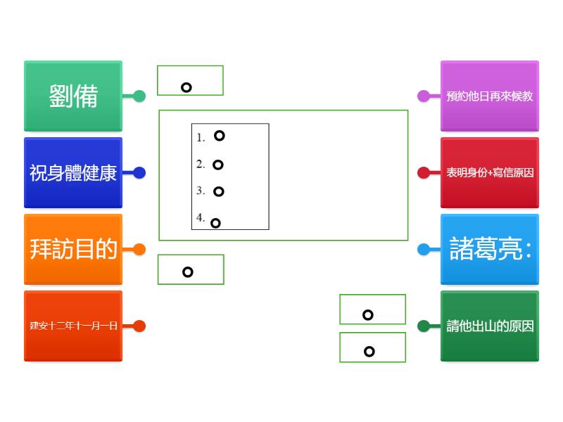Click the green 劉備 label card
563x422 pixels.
coord(73,96)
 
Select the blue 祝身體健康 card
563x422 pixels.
coord(73,173)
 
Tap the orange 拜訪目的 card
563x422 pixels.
coord(73,250)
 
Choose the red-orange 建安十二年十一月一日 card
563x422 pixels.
coord(73,326)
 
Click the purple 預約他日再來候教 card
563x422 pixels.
coord(490,96)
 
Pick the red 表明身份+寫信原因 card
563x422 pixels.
coord(490,173)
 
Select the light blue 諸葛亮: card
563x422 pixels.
coord(490,250)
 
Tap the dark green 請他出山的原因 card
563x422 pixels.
coord(490,326)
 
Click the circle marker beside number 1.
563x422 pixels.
coord(220,136)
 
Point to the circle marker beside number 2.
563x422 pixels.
coord(218,165)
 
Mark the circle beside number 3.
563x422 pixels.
coord(219,191)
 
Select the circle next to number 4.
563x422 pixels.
coord(216,224)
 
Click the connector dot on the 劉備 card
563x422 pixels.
coord(139,96)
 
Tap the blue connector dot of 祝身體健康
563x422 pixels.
coord(139,173)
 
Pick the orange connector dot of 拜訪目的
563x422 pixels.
coord(139,250)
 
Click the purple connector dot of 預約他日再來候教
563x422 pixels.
coord(424,96)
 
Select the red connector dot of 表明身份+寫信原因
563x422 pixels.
coord(424,173)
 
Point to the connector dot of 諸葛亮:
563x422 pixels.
coord(424,250)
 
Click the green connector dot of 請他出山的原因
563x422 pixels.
coord(424,326)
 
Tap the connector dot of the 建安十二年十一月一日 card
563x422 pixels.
coord(139,326)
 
